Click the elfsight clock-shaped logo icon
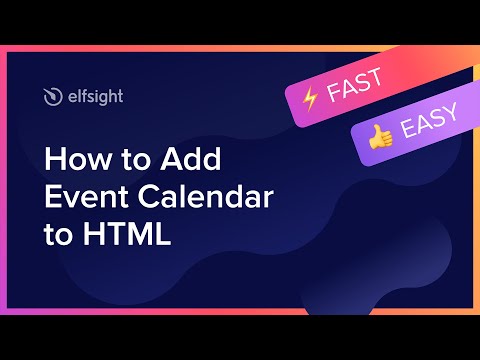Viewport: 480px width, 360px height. [53, 97]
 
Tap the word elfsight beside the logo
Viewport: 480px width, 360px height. [94, 97]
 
